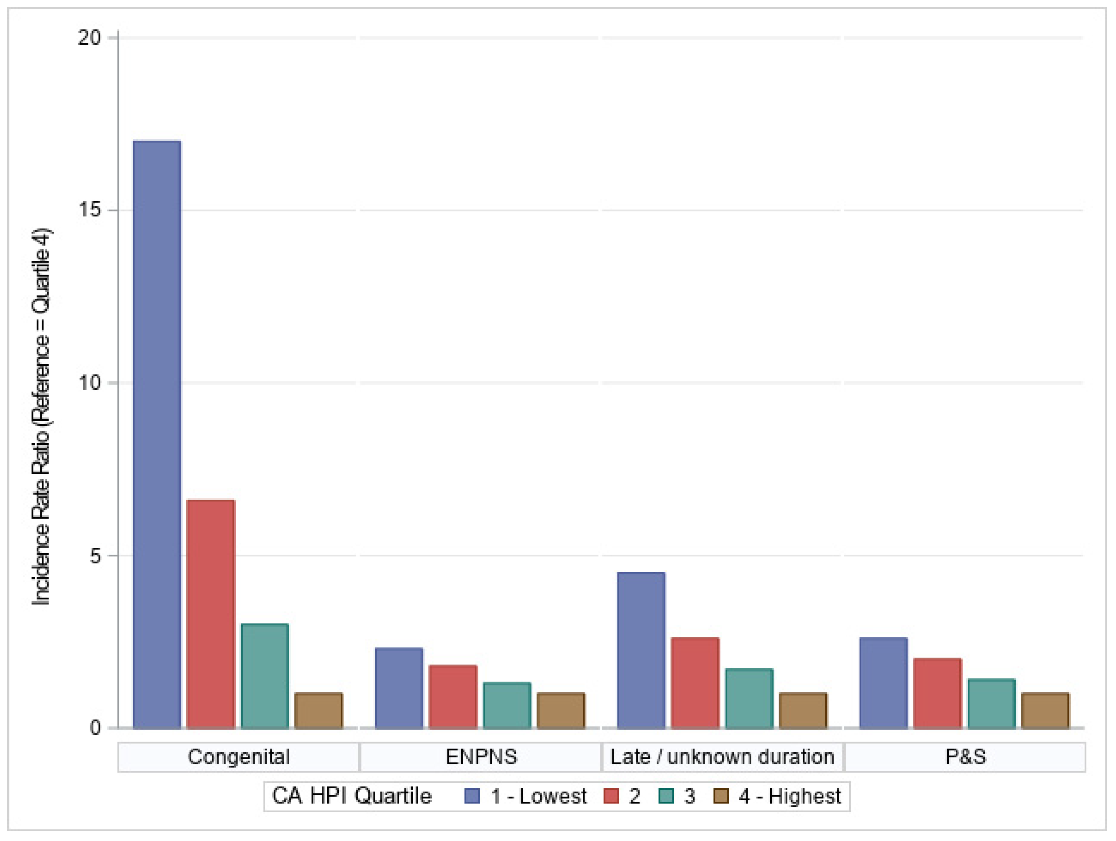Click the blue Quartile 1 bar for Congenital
[157, 434]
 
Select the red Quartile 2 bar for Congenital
[211, 613]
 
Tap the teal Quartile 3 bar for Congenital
[265, 676]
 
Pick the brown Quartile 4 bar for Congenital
[319, 710]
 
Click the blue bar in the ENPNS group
[399, 688]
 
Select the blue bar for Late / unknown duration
[641, 650]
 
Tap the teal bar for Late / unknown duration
[749, 698]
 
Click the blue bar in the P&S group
[884, 683]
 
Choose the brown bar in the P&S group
[1045, 710]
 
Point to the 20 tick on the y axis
[90, 38]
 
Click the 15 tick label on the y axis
[90, 210]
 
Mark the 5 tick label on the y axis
[95, 555]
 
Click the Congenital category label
[239, 757]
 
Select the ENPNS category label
[481, 757]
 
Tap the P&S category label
[966, 757]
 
